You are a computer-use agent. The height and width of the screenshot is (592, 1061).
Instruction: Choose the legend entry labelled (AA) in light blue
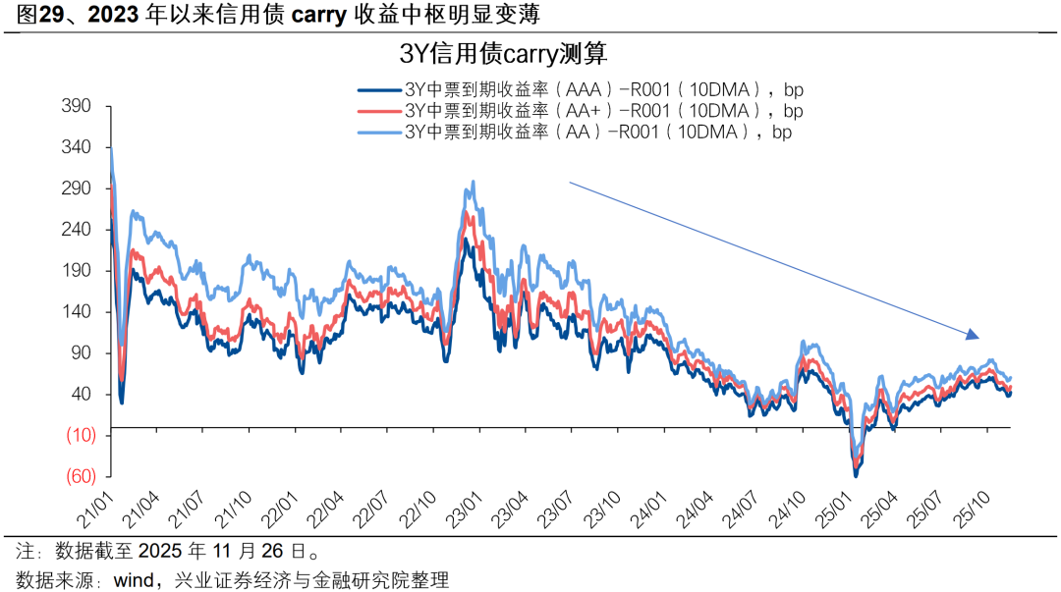(x=574, y=131)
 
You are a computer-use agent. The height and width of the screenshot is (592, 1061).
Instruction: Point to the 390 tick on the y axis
(x=76, y=106)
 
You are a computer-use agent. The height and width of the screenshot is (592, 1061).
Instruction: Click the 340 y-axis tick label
(x=76, y=147)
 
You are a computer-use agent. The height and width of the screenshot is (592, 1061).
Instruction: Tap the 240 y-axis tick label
(x=76, y=230)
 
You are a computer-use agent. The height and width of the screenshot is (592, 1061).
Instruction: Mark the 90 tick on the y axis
(x=80, y=353)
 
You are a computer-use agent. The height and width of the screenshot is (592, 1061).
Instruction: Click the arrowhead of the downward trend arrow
(x=974, y=336)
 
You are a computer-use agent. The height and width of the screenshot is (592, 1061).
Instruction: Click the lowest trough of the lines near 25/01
(x=856, y=474)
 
